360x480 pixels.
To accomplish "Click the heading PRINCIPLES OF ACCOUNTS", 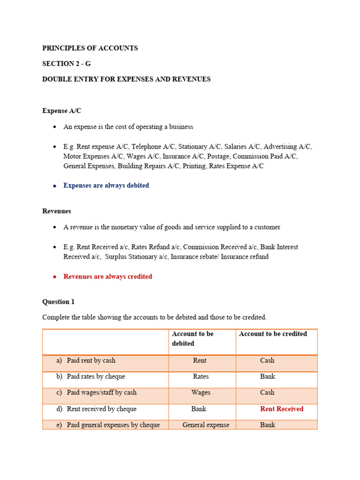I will click(x=90, y=48).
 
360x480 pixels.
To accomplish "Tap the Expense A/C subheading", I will click(x=62, y=111).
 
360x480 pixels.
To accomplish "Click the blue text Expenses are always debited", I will click(x=106, y=186).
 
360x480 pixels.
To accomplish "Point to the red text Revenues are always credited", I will click(x=108, y=277).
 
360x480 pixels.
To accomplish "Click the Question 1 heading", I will click(x=58, y=302).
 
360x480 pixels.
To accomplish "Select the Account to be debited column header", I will click(x=193, y=338).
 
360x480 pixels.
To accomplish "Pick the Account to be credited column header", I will click(x=273, y=334).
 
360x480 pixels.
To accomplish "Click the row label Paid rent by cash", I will click(x=91, y=360).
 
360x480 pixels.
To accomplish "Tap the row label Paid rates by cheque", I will click(x=96, y=376).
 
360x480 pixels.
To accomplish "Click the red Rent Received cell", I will click(x=282, y=409).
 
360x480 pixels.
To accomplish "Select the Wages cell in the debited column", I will click(x=201, y=392).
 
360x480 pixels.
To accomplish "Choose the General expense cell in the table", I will click(x=206, y=425).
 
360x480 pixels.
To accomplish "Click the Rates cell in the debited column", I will click(x=201, y=376).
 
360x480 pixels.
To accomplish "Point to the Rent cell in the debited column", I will click(x=200, y=360).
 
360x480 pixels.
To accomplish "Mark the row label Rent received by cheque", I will click(x=101, y=409).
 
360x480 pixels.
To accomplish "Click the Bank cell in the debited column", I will click(x=199, y=409).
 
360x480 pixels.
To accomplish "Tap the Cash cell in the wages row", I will click(x=267, y=392).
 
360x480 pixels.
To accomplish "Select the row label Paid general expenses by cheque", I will click(x=113, y=425).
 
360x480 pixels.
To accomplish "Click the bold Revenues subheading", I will click(x=57, y=211).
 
